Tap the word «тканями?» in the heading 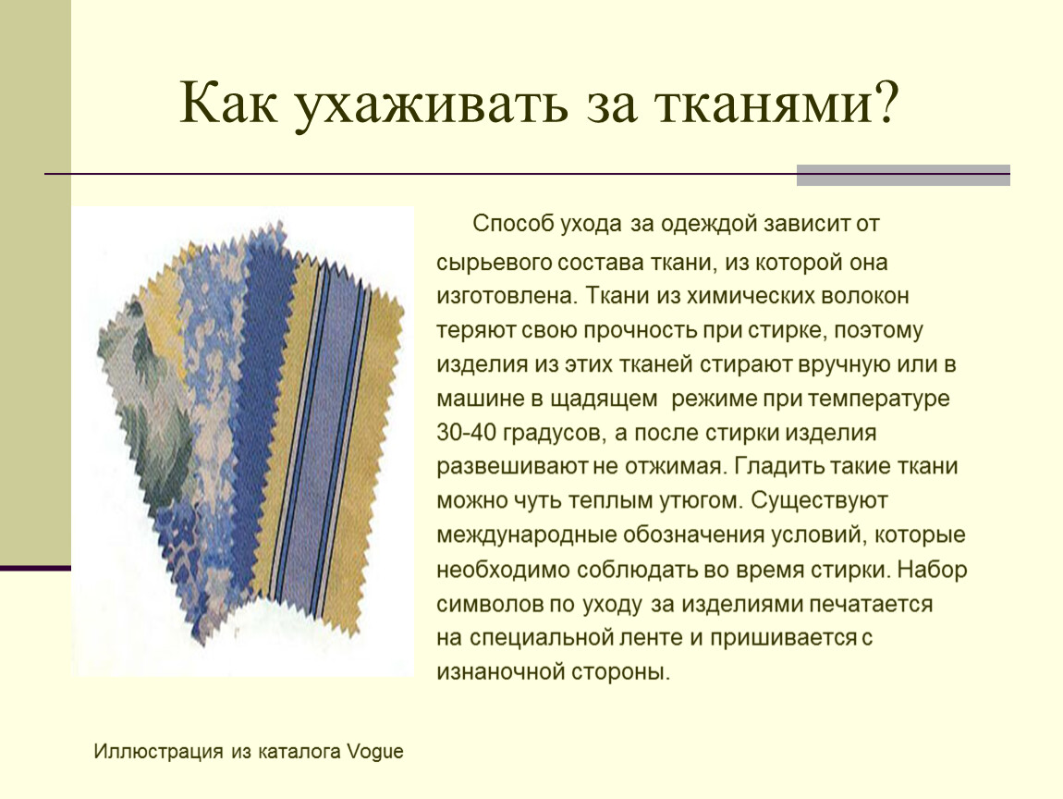coord(776,103)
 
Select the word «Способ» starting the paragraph coord(512,225)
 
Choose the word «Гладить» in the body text coord(777,467)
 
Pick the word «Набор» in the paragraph coord(932,569)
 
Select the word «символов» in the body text coord(489,604)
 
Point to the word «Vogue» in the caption coord(375,752)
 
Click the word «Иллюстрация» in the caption coord(158,752)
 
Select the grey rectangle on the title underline coord(903,175)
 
